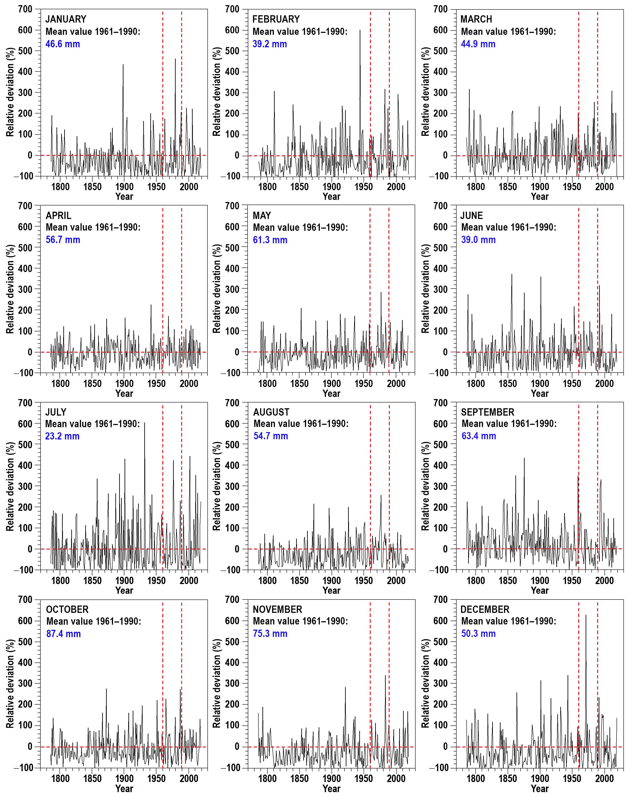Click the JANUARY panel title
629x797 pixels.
pos(65,19)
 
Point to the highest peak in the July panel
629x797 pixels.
pos(144,423)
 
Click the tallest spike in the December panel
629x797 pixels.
pos(586,616)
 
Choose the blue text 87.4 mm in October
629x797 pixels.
pos(63,634)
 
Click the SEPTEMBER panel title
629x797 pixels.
pos(487,412)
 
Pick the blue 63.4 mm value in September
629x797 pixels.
pos(479,436)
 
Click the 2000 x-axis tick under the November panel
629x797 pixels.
pos(396,778)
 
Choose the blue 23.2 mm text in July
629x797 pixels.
pos(62,436)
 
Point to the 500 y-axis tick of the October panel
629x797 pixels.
pos(25,641)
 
